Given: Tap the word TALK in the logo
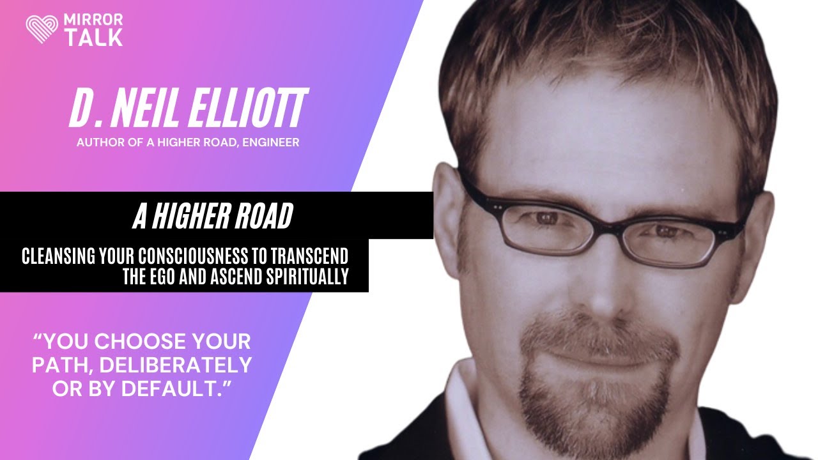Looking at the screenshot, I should tap(93, 38).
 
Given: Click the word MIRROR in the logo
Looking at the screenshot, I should tap(93, 20).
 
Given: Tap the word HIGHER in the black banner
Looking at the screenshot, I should tap(190, 217).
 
